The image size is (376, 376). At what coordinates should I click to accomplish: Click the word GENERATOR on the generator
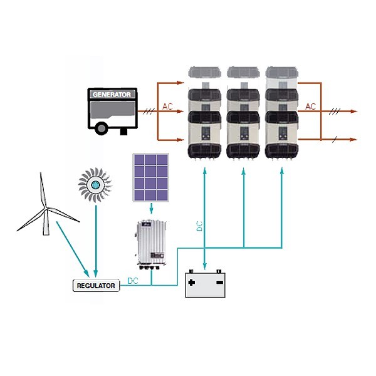(112, 95)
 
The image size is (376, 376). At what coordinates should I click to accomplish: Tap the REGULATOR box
(96, 286)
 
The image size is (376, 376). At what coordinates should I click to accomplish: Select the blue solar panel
(150, 177)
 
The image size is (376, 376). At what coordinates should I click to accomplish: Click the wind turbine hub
(45, 209)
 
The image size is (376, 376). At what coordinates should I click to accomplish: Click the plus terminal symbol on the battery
(191, 282)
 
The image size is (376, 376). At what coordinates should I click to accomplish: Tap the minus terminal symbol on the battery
(220, 282)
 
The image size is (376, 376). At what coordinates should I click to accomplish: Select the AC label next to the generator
(167, 107)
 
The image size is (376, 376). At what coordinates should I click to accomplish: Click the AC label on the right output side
(311, 107)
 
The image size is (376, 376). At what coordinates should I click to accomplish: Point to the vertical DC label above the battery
(199, 226)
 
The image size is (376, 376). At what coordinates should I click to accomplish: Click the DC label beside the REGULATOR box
(133, 280)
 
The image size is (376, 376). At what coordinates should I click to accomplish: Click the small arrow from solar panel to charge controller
(150, 211)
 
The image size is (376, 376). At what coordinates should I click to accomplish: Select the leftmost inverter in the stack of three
(205, 116)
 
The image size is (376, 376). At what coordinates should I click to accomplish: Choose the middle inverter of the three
(243, 116)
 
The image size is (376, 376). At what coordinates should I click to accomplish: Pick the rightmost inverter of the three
(281, 116)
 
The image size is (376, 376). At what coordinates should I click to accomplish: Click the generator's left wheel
(100, 129)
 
